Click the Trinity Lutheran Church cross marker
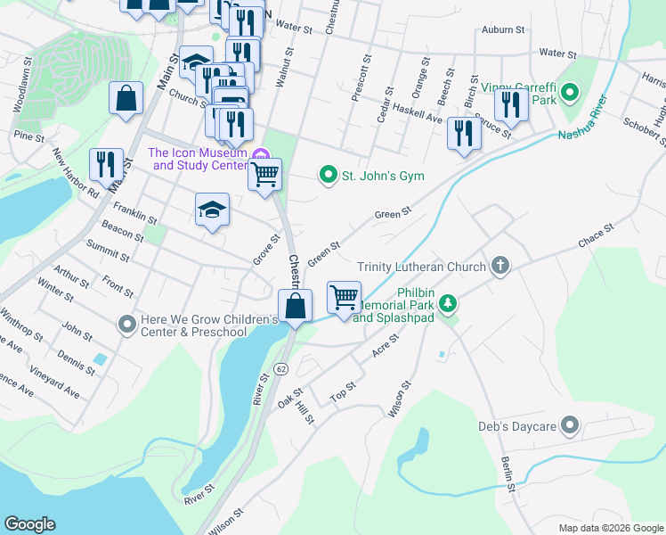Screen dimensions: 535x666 pos(501,266)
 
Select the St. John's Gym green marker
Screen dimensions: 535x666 pos(329,176)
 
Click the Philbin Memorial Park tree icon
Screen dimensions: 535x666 pos(451,305)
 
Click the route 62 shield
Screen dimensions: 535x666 pos(280,367)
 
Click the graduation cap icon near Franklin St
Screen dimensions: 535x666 pos(212,210)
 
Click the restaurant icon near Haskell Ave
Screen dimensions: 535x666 pos(464,133)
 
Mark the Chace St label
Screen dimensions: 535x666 pos(596,235)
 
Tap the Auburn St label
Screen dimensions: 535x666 pos(502,29)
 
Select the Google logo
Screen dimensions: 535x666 pos(29,524)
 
